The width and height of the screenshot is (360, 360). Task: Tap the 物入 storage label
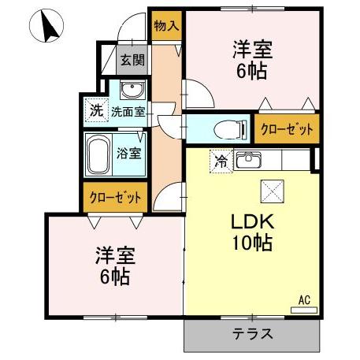[166, 26]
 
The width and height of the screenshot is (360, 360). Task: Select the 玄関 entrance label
[131, 60]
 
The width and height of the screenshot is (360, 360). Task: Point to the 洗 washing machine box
[95, 110]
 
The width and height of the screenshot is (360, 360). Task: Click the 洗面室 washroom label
[127, 111]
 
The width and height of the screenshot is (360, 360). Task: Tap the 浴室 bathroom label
[130, 153]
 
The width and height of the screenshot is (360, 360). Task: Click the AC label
[304, 299]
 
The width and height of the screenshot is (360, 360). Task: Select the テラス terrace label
[252, 333]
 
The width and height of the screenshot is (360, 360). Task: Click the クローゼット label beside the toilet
[287, 128]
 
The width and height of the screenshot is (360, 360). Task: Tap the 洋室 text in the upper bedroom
[252, 50]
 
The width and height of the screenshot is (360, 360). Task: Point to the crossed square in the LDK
[271, 189]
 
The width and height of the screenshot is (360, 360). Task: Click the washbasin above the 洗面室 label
[132, 87]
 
